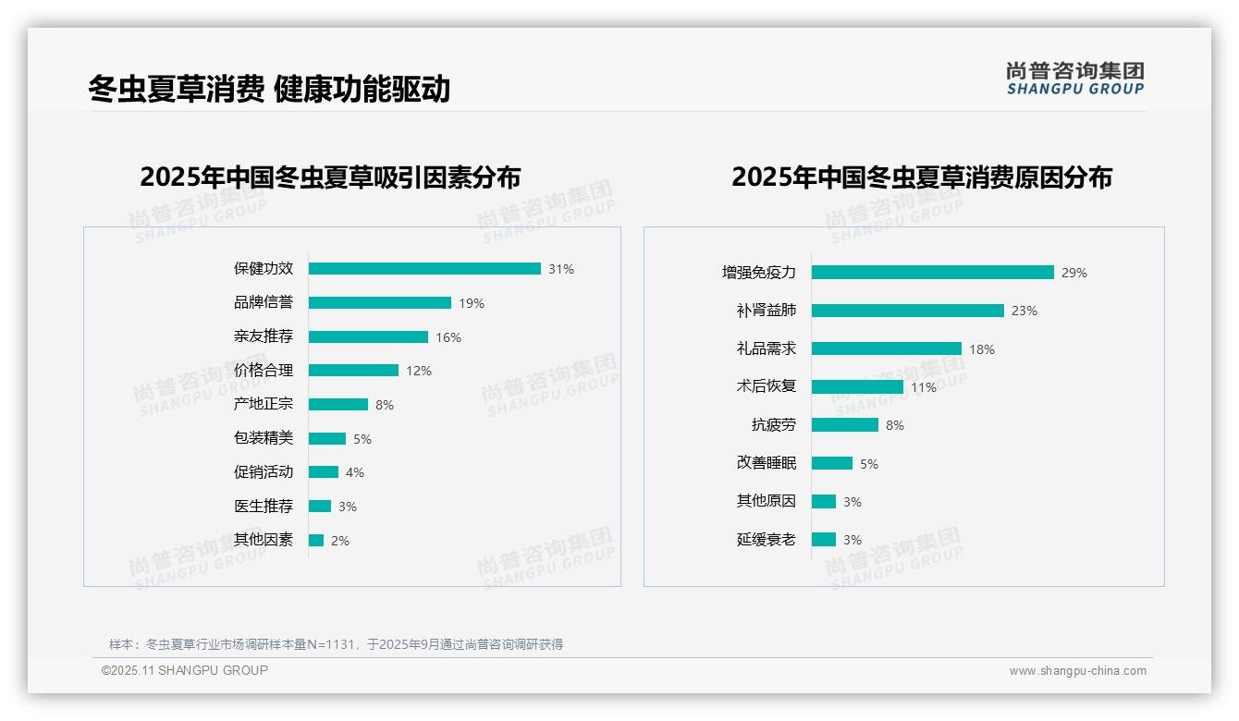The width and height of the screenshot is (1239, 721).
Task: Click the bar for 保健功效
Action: pyautogui.click(x=424, y=269)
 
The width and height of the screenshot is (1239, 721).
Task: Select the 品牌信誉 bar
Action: pyautogui.click(x=380, y=303)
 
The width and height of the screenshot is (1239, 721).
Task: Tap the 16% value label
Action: pyautogui.click(x=448, y=337)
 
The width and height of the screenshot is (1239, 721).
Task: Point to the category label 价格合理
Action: pyautogui.click(x=264, y=371)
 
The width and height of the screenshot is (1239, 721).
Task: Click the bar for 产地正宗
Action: pyautogui.click(x=338, y=405)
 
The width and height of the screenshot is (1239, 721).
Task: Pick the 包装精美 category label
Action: pyautogui.click(x=264, y=438)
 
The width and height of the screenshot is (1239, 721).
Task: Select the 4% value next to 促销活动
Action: pyautogui.click(x=355, y=472)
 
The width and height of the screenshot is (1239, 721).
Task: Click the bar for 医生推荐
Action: pyautogui.click(x=320, y=507)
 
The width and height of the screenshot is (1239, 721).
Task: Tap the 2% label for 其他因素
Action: pyautogui.click(x=340, y=541)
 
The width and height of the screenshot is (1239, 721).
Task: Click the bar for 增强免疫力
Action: pyautogui.click(x=933, y=273)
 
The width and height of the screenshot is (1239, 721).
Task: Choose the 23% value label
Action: pyautogui.click(x=1024, y=311)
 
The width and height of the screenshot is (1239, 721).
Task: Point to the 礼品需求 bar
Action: pyautogui.click(x=887, y=348)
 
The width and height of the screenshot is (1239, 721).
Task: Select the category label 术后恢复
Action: pyautogui.click(x=767, y=386)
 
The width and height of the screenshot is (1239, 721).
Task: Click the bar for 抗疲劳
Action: pyautogui.click(x=845, y=425)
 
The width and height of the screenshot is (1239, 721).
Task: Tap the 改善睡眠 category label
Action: pyautogui.click(x=767, y=463)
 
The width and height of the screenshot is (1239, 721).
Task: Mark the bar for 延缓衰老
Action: pyautogui.click(x=824, y=540)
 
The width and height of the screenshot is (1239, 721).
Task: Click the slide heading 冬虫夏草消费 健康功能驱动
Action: pyautogui.click(x=269, y=89)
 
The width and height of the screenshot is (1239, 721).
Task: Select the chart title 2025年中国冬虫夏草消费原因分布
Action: pyautogui.click(x=922, y=177)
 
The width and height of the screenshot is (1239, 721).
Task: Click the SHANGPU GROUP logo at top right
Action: pyautogui.click(x=1075, y=78)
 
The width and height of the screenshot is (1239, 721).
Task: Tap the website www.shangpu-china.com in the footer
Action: pyautogui.click(x=1077, y=671)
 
